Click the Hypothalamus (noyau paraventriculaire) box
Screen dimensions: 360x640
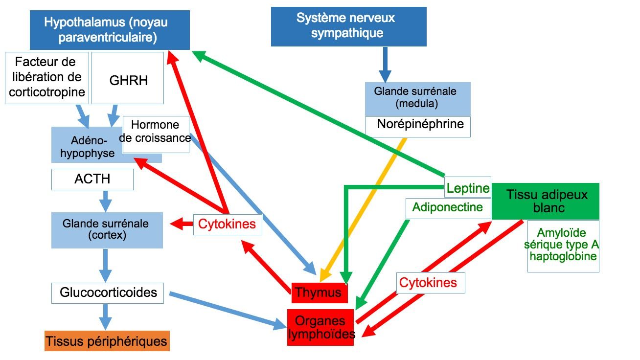pyautogui.click(x=109, y=30)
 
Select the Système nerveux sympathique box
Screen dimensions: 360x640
pyautogui.click(x=348, y=26)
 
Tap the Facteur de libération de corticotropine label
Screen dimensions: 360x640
pyautogui.click(x=47, y=78)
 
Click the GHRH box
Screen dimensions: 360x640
pyautogui.click(x=128, y=79)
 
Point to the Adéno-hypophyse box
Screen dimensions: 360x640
pyautogui.click(x=86, y=147)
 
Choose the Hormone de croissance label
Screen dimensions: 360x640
pyautogui.click(x=156, y=132)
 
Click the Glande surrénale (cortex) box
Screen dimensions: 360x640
pyautogui.click(x=107, y=230)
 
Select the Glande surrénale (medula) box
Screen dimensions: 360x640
pyautogui.click(x=417, y=98)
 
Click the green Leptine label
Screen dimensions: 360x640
pyautogui.click(x=467, y=188)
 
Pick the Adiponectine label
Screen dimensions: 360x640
pyautogui.click(x=447, y=207)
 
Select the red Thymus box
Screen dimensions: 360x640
pyautogui.click(x=319, y=293)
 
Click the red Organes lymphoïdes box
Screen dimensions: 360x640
pyautogui.click(x=320, y=327)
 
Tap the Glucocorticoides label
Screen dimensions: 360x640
pyautogui.click(x=108, y=292)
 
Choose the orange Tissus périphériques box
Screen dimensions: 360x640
pyautogui.click(x=107, y=341)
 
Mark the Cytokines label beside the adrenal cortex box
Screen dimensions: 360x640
pyautogui.click(x=227, y=225)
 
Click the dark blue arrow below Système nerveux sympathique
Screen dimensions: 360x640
pyautogui.click(x=385, y=64)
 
